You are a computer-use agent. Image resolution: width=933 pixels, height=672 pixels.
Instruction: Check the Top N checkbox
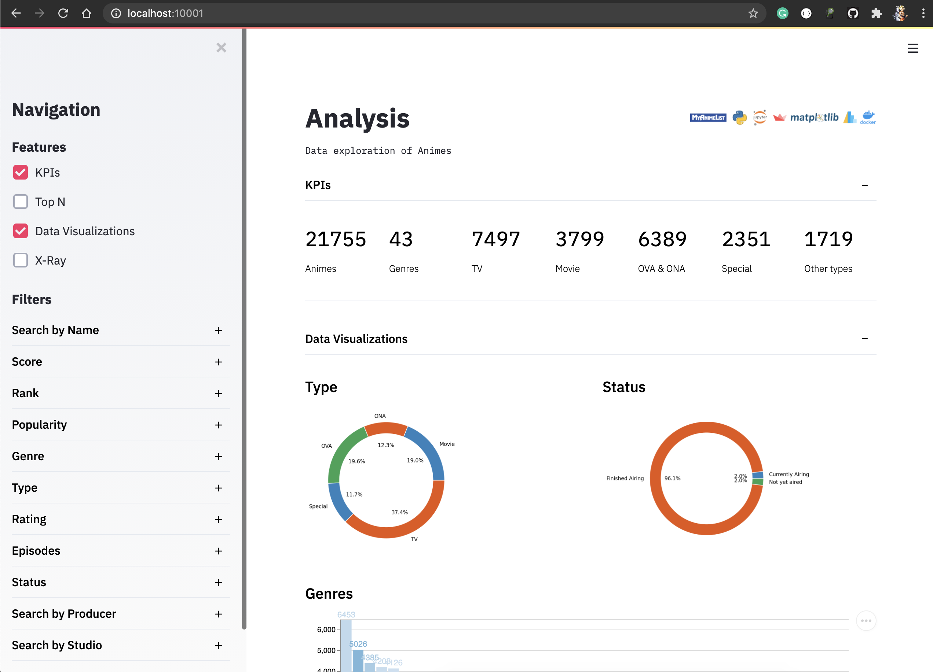[x=21, y=202]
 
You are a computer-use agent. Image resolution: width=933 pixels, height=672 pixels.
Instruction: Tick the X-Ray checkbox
[x=21, y=260]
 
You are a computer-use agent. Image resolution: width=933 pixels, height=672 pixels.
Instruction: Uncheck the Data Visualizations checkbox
[x=21, y=231]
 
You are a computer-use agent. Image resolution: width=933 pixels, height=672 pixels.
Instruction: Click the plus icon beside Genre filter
[x=219, y=456]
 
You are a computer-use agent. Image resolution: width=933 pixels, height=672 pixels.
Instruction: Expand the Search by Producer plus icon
[x=219, y=614]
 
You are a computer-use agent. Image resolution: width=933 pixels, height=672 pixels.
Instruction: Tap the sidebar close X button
[x=221, y=48]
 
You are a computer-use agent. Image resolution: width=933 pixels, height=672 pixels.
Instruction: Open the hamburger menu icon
[x=913, y=48]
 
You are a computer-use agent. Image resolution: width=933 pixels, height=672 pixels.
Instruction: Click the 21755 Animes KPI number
[x=335, y=239]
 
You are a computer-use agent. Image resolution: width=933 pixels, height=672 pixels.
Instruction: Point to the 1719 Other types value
[x=828, y=239]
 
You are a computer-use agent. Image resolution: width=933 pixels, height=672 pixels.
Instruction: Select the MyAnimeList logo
[x=707, y=118]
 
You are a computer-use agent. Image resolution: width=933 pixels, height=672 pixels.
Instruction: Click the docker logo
[x=868, y=118]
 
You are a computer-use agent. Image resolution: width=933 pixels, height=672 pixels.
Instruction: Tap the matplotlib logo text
[x=814, y=118]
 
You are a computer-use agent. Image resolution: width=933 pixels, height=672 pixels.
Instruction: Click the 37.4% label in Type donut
[x=399, y=512]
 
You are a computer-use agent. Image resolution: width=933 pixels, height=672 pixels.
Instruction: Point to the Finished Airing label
[x=625, y=479]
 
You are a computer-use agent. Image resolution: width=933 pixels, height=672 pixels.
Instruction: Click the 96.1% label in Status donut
[x=672, y=479]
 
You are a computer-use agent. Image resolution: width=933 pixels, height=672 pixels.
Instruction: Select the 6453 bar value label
[x=346, y=614]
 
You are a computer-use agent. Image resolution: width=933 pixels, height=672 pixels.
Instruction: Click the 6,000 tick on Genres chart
[x=326, y=629]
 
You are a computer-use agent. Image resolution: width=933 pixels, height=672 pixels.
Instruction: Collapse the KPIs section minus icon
[x=864, y=185]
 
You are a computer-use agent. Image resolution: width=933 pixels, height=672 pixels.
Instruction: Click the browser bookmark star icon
[x=753, y=14]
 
